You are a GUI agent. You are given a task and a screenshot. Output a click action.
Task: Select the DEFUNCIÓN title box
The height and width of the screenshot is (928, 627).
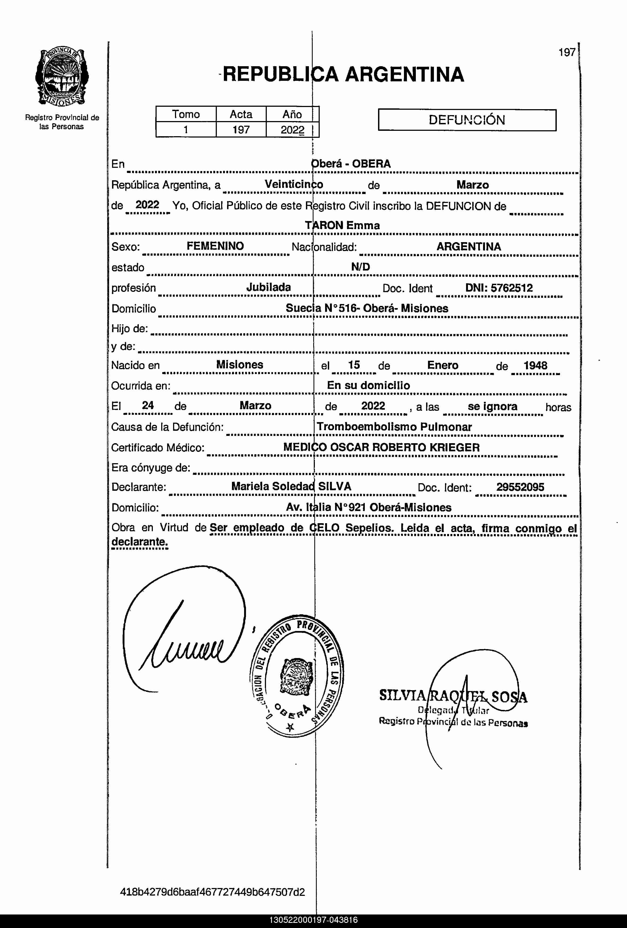tap(467, 120)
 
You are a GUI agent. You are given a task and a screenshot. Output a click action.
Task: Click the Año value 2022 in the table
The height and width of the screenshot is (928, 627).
tap(292, 130)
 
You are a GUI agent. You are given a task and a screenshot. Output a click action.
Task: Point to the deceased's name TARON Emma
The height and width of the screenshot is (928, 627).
tap(342, 225)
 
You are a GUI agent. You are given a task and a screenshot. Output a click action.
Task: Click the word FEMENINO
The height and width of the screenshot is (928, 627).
tap(215, 246)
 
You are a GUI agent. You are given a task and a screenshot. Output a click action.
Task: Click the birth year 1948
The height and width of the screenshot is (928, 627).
tap(535, 365)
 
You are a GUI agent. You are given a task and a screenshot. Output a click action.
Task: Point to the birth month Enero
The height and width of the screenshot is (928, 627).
tap(443, 365)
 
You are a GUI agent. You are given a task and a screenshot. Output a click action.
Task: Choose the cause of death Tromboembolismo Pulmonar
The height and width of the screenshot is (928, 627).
tap(394, 427)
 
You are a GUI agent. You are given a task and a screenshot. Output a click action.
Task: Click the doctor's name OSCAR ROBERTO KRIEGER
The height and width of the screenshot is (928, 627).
tap(405, 447)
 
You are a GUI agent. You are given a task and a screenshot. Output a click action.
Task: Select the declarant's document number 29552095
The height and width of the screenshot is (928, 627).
tap(520, 487)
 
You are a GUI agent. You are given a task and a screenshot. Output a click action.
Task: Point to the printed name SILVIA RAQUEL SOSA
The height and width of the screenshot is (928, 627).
tap(453, 696)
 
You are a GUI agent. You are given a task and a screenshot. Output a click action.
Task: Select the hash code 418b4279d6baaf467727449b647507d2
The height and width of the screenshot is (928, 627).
tap(212, 892)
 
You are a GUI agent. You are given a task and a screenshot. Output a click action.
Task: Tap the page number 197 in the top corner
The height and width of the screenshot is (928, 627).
tap(567, 52)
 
